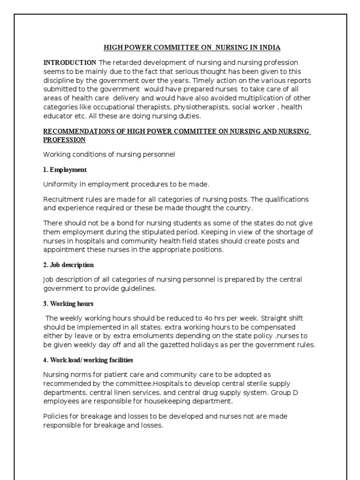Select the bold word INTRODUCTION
pyautogui.click(x=70, y=62)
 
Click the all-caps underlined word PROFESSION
pyautogui.click(x=65, y=140)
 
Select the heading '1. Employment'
pyautogui.click(x=65, y=170)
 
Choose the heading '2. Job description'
pyautogui.click(x=69, y=265)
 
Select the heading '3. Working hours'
pyautogui.click(x=68, y=303)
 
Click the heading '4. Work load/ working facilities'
pyautogui.click(x=88, y=360)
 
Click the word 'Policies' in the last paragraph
pyautogui.click(x=56, y=416)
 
